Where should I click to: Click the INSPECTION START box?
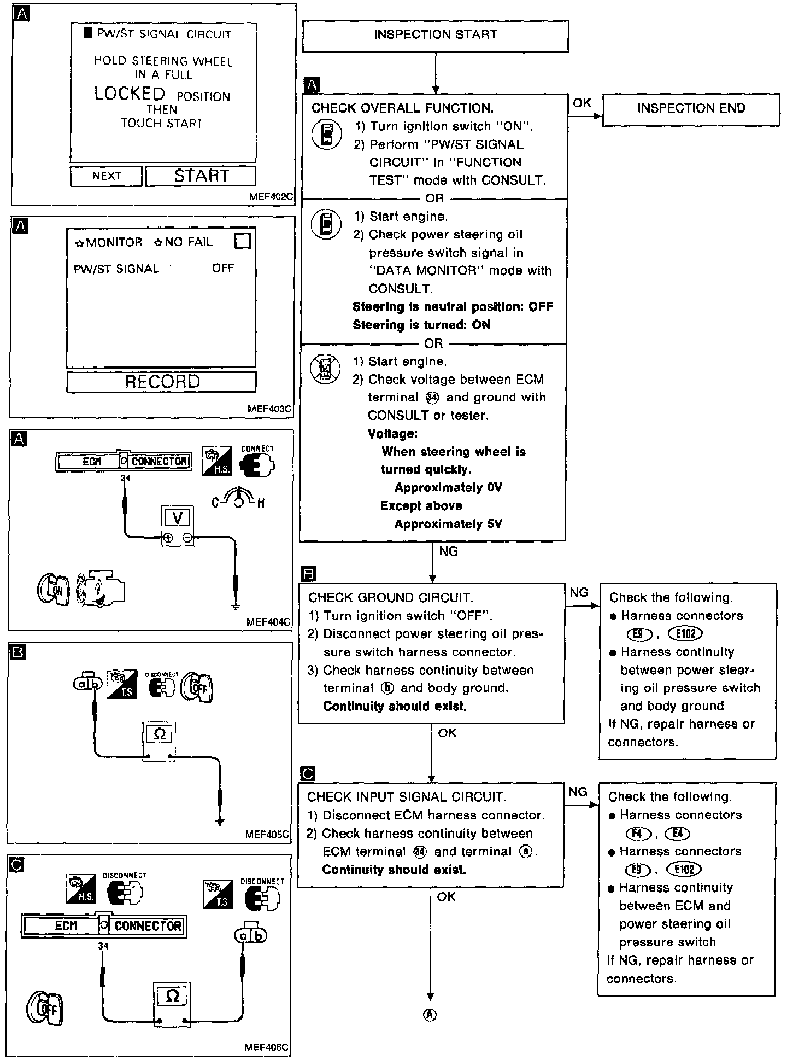click(x=435, y=36)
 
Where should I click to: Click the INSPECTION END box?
click(x=691, y=109)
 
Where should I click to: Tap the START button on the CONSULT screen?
click(x=201, y=176)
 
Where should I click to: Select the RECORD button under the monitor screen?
click(x=162, y=382)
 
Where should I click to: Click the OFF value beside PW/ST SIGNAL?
click(x=223, y=269)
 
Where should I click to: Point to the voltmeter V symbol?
click(x=177, y=517)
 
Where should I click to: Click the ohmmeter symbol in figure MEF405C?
click(x=160, y=734)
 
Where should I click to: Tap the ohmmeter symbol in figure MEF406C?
click(x=172, y=996)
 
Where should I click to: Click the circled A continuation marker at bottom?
click(x=430, y=1015)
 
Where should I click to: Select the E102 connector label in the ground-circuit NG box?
click(x=685, y=633)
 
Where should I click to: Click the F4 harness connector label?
click(x=638, y=834)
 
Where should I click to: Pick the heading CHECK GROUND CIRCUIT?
click(x=390, y=597)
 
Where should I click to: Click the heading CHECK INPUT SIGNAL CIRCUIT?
click(x=406, y=797)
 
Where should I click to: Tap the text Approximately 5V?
click(x=448, y=524)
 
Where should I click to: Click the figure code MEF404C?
click(x=268, y=622)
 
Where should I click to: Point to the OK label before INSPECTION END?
click(x=582, y=103)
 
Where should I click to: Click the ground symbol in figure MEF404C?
click(x=236, y=606)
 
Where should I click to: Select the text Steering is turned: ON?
click(x=421, y=325)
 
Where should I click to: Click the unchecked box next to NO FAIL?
click(x=242, y=241)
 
